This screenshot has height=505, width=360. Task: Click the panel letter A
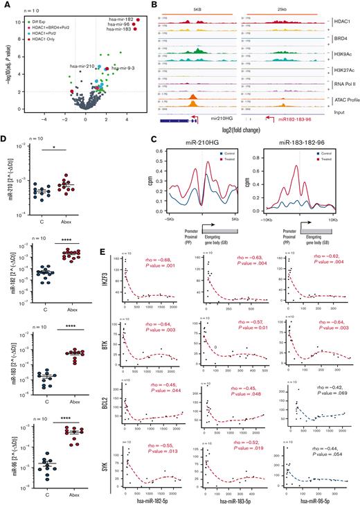[5, 4]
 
